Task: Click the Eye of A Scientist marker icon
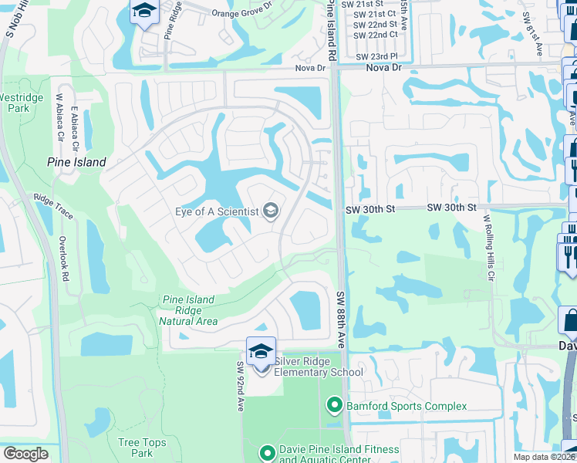(x=271, y=210)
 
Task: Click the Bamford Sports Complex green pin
(x=334, y=404)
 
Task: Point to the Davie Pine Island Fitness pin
(x=267, y=453)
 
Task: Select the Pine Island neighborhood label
(x=76, y=163)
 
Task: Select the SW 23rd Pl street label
(x=376, y=56)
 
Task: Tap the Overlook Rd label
(x=67, y=259)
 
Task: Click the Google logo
(x=26, y=454)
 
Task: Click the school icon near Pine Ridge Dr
(x=143, y=11)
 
